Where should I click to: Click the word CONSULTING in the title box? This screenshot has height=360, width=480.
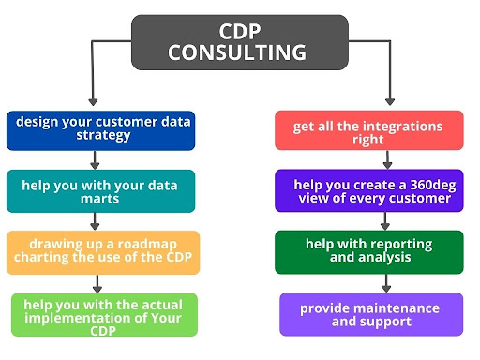click(x=237, y=52)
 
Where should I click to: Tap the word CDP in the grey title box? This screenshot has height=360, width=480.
click(x=240, y=31)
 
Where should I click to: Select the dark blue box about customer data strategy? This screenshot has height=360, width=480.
click(x=100, y=130)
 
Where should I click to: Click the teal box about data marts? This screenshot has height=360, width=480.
click(x=100, y=191)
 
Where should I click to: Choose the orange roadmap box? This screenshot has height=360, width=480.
click(x=103, y=252)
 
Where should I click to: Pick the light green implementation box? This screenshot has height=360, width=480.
click(x=104, y=315)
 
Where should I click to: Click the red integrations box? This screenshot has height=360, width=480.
click(x=369, y=130)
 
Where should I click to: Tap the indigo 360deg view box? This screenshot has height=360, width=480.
click(x=369, y=190)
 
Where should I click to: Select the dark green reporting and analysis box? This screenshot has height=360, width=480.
click(x=369, y=252)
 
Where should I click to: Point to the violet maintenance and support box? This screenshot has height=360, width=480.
click(x=371, y=314)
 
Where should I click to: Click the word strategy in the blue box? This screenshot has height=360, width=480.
click(x=103, y=136)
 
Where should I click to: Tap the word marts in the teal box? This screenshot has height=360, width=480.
click(x=99, y=199)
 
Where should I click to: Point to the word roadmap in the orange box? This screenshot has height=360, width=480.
click(x=147, y=245)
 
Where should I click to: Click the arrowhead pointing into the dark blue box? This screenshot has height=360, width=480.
click(x=93, y=102)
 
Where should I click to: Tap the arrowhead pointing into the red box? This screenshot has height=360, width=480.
click(x=390, y=102)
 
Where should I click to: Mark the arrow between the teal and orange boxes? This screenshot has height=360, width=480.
click(x=95, y=221)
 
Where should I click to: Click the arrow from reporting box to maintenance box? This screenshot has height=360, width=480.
click(x=386, y=283)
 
